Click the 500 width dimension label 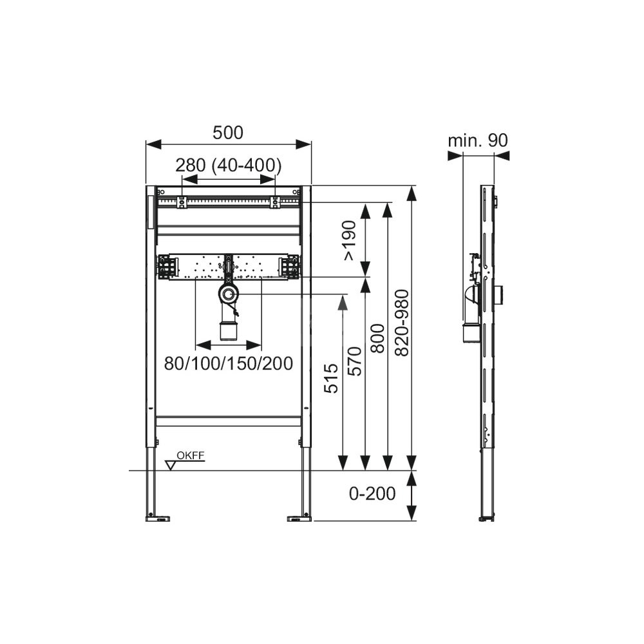point(228,133)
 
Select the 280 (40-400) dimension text point(229,165)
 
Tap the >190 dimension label point(350,240)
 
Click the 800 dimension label point(377,339)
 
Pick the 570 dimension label point(355,361)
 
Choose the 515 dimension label point(331,378)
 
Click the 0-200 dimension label point(372,493)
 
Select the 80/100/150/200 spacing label point(229,363)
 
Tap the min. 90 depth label point(478,140)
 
